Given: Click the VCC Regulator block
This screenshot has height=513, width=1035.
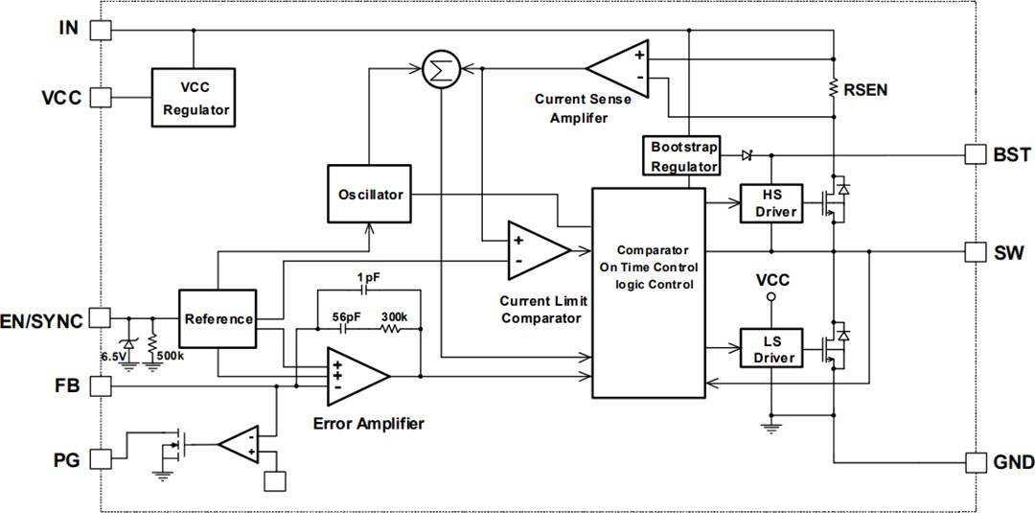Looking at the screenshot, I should tap(195, 98).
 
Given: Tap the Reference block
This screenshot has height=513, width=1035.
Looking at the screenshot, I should tap(218, 319).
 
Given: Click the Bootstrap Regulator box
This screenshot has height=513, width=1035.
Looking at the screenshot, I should tap(684, 156).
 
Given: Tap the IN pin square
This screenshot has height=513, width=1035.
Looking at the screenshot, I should tap(100, 31).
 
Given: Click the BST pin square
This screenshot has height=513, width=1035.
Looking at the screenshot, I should tap(975, 154).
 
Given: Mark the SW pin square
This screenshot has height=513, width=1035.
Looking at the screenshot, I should tap(975, 251).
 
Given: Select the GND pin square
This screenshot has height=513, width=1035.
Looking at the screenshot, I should tap(975, 462).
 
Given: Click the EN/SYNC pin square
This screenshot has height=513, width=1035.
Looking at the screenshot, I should tap(100, 318).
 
